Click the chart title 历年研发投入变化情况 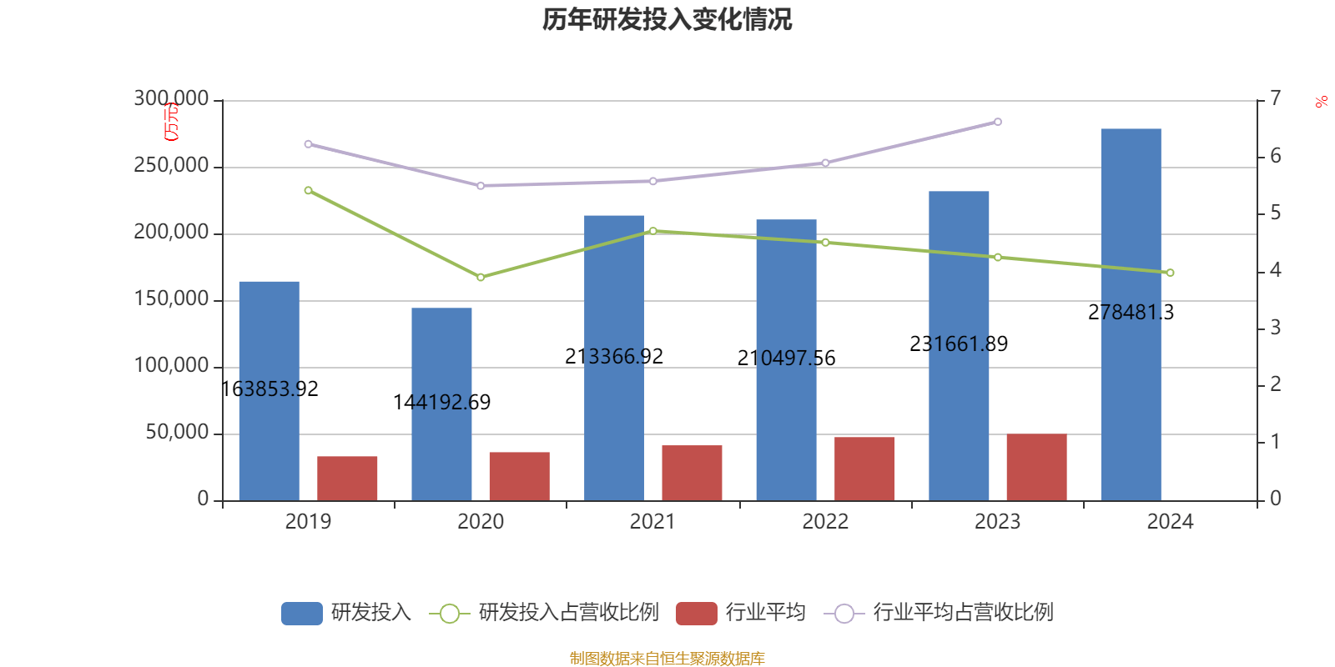pyautogui.click(x=667, y=19)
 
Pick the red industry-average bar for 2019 pyautogui.click(x=347, y=478)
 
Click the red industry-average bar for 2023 pyautogui.click(x=1036, y=467)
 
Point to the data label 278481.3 pyautogui.click(x=1131, y=313)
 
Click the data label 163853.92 pyautogui.click(x=270, y=389)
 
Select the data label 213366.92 pyautogui.click(x=614, y=357)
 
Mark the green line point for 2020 pyautogui.click(x=481, y=277)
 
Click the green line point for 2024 pyautogui.click(x=1170, y=273)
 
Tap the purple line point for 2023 pyautogui.click(x=998, y=123)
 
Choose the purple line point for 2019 pyautogui.click(x=308, y=144)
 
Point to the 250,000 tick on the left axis pyautogui.click(x=171, y=166)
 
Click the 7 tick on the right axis pyautogui.click(x=1275, y=98)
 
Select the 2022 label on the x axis pyautogui.click(x=825, y=522)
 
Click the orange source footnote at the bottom pyautogui.click(x=667, y=659)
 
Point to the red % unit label pyautogui.click(x=1319, y=103)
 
